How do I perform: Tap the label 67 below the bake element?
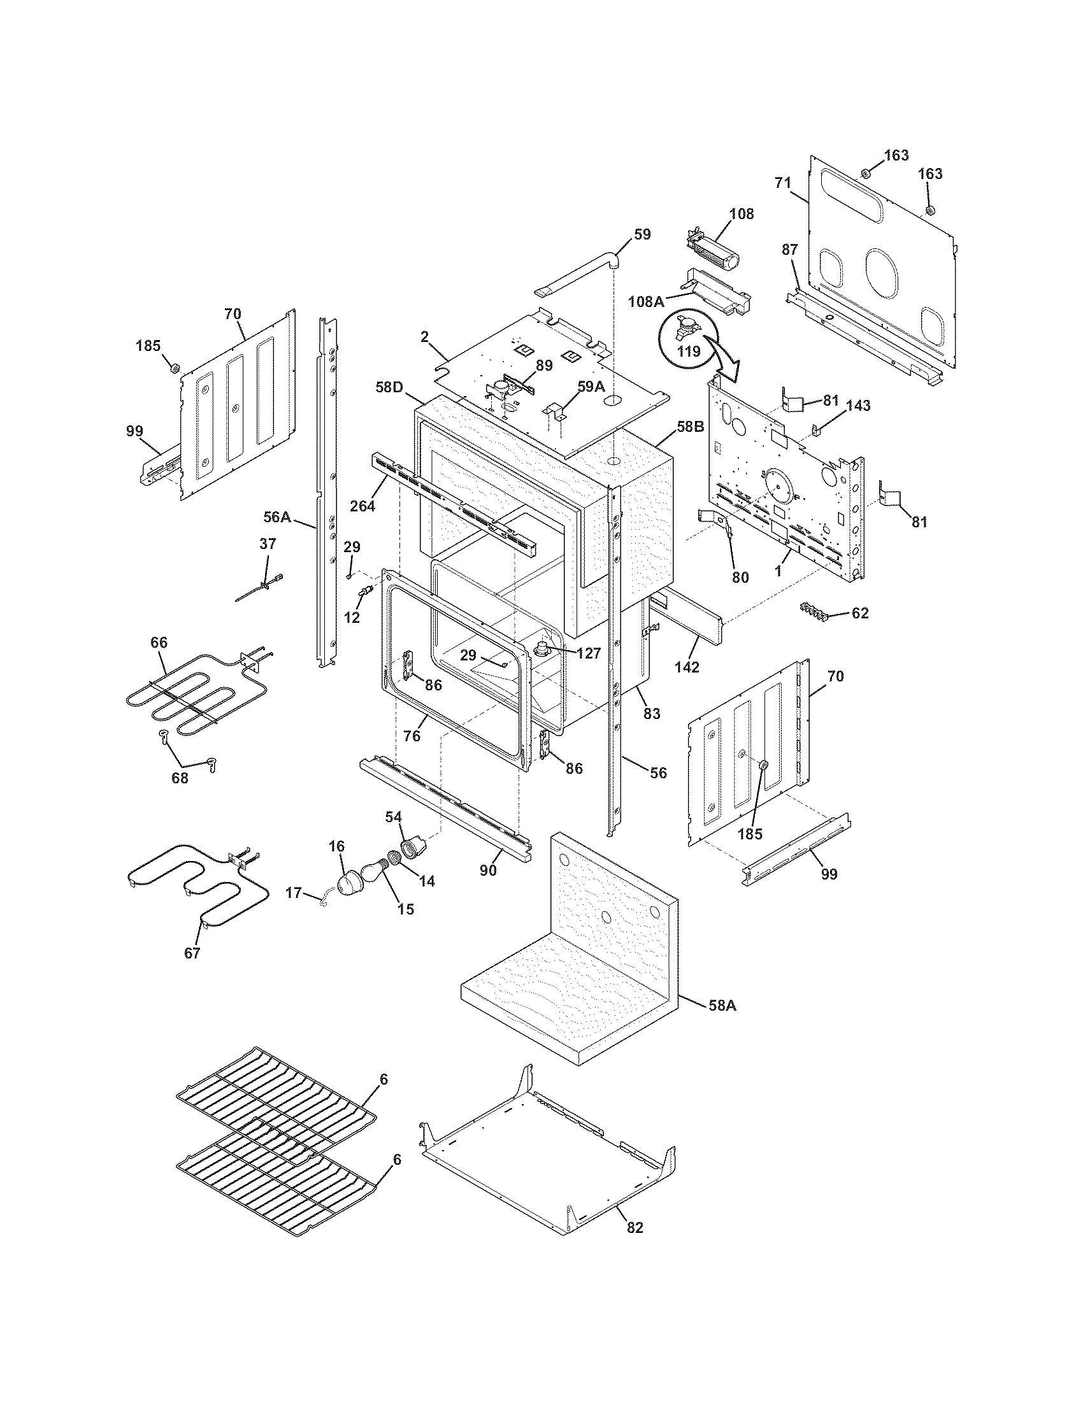[x=192, y=971]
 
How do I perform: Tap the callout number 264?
[x=362, y=506]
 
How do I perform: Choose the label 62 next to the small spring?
[x=860, y=613]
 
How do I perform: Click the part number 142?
[x=687, y=667]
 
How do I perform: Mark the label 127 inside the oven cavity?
[x=588, y=653]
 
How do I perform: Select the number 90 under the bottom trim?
[x=488, y=871]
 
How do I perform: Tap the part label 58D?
[x=389, y=388]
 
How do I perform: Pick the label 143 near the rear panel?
[x=859, y=406]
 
